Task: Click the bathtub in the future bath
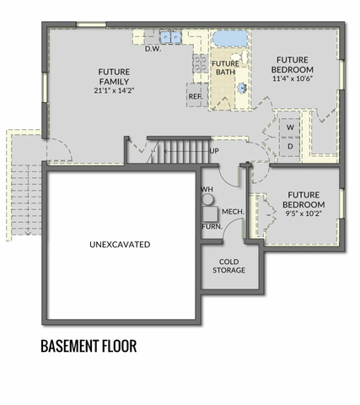(x=230, y=39)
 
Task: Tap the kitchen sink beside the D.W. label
(x=170, y=37)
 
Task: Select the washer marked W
(x=289, y=127)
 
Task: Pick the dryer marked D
(x=289, y=146)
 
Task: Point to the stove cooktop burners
(x=201, y=63)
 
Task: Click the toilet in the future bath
(x=241, y=57)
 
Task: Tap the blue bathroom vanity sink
(x=242, y=88)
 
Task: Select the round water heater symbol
(x=207, y=199)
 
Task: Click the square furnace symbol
(x=210, y=213)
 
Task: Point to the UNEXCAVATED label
(x=120, y=245)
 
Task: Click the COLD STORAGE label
(x=228, y=266)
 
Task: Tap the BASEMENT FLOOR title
(x=89, y=346)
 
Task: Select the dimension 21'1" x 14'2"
(x=114, y=90)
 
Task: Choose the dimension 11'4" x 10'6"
(x=293, y=78)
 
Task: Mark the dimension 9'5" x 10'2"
(x=304, y=213)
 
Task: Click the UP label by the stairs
(x=214, y=151)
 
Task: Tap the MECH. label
(x=233, y=212)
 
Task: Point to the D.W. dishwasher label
(x=153, y=49)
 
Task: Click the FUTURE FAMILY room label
(x=114, y=77)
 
